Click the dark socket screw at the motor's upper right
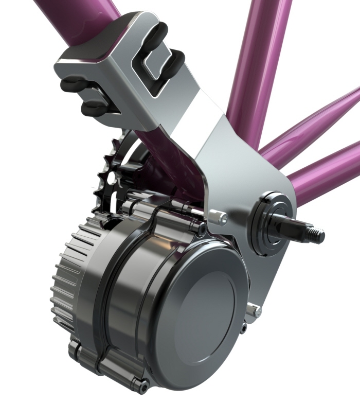(202, 227)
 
